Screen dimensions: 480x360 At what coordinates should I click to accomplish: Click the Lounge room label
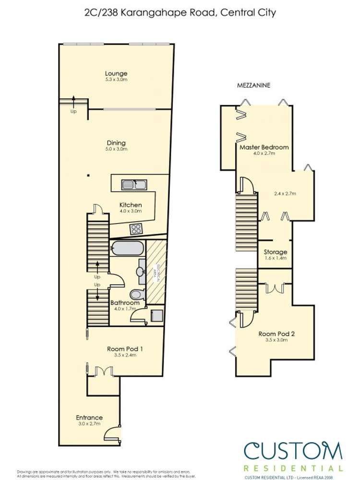(116, 73)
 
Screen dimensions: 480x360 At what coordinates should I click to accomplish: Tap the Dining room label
(116, 143)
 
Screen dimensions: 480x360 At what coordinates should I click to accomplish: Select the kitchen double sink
(135, 184)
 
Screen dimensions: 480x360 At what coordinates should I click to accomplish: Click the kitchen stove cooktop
(136, 229)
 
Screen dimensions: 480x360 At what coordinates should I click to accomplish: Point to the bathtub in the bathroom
(126, 249)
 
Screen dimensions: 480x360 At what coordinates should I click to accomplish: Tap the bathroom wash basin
(140, 271)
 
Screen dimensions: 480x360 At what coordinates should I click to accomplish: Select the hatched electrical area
(156, 272)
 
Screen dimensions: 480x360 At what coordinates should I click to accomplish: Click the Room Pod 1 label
(121, 349)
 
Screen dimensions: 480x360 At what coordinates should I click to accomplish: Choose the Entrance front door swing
(111, 433)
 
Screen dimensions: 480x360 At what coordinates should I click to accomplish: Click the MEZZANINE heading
(254, 85)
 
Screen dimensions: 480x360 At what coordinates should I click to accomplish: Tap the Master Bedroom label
(264, 147)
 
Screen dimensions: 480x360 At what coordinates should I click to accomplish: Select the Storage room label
(276, 252)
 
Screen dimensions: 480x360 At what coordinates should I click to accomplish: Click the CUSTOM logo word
(293, 451)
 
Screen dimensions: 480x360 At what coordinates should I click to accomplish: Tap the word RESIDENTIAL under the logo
(293, 468)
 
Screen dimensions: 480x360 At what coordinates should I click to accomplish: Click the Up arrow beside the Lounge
(73, 103)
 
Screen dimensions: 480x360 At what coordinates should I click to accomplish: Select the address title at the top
(180, 13)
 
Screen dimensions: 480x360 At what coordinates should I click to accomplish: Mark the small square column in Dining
(88, 175)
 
